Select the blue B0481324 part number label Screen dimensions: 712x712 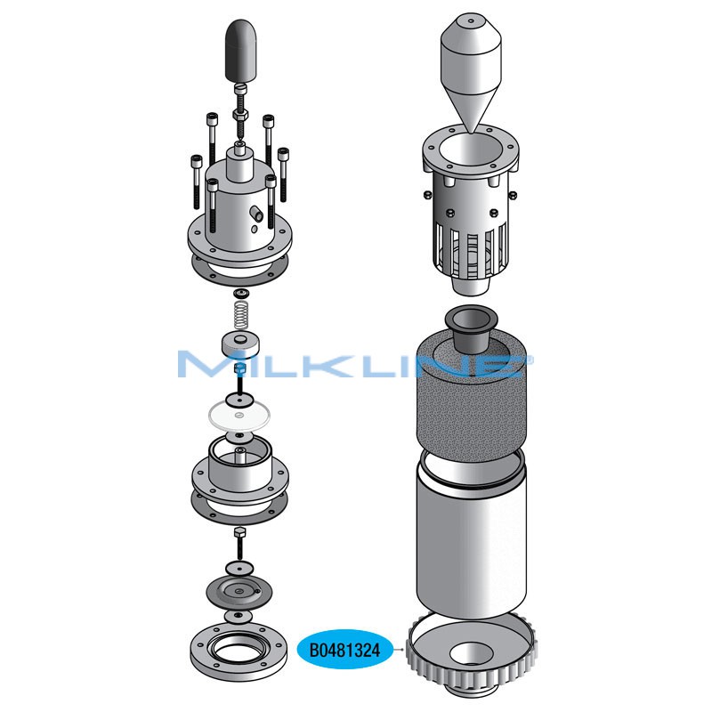click(344, 650)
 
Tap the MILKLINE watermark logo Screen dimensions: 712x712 click(355, 363)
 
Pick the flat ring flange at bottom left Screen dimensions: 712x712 click(239, 651)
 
